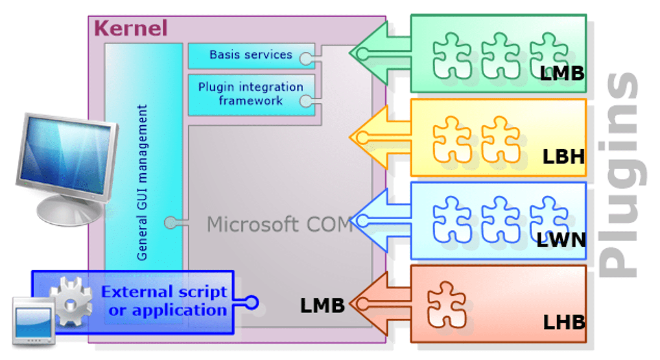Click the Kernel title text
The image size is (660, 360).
(x=131, y=28)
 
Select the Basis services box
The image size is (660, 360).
(x=251, y=56)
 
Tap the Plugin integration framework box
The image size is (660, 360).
(x=251, y=95)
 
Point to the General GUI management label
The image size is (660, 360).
(x=142, y=183)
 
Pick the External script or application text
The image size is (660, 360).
(x=164, y=301)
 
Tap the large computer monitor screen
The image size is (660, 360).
(x=66, y=155)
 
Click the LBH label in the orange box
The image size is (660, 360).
(x=564, y=157)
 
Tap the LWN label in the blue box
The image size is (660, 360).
(x=561, y=240)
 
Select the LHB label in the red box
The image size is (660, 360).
(x=564, y=322)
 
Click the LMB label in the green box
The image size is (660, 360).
(x=562, y=73)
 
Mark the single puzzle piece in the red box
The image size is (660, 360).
(x=447, y=305)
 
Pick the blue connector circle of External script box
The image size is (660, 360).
(x=252, y=303)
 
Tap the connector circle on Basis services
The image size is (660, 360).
(x=306, y=58)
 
